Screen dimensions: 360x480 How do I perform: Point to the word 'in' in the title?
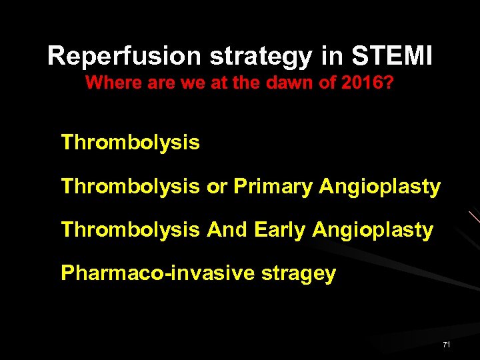tap(331, 56)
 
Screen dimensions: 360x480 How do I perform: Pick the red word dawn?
tap(283, 84)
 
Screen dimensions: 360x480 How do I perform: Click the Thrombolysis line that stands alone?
tap(130, 143)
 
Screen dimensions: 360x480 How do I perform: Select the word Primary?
tap(273, 187)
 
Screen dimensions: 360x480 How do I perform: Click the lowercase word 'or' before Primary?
tap(217, 187)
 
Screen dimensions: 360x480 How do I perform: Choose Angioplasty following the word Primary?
tap(380, 188)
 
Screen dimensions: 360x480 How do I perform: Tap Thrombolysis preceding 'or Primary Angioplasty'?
tap(130, 187)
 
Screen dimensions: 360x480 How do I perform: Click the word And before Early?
tap(227, 230)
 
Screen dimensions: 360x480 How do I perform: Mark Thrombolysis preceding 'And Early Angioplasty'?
tap(130, 230)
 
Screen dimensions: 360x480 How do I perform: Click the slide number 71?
tap(446, 345)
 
